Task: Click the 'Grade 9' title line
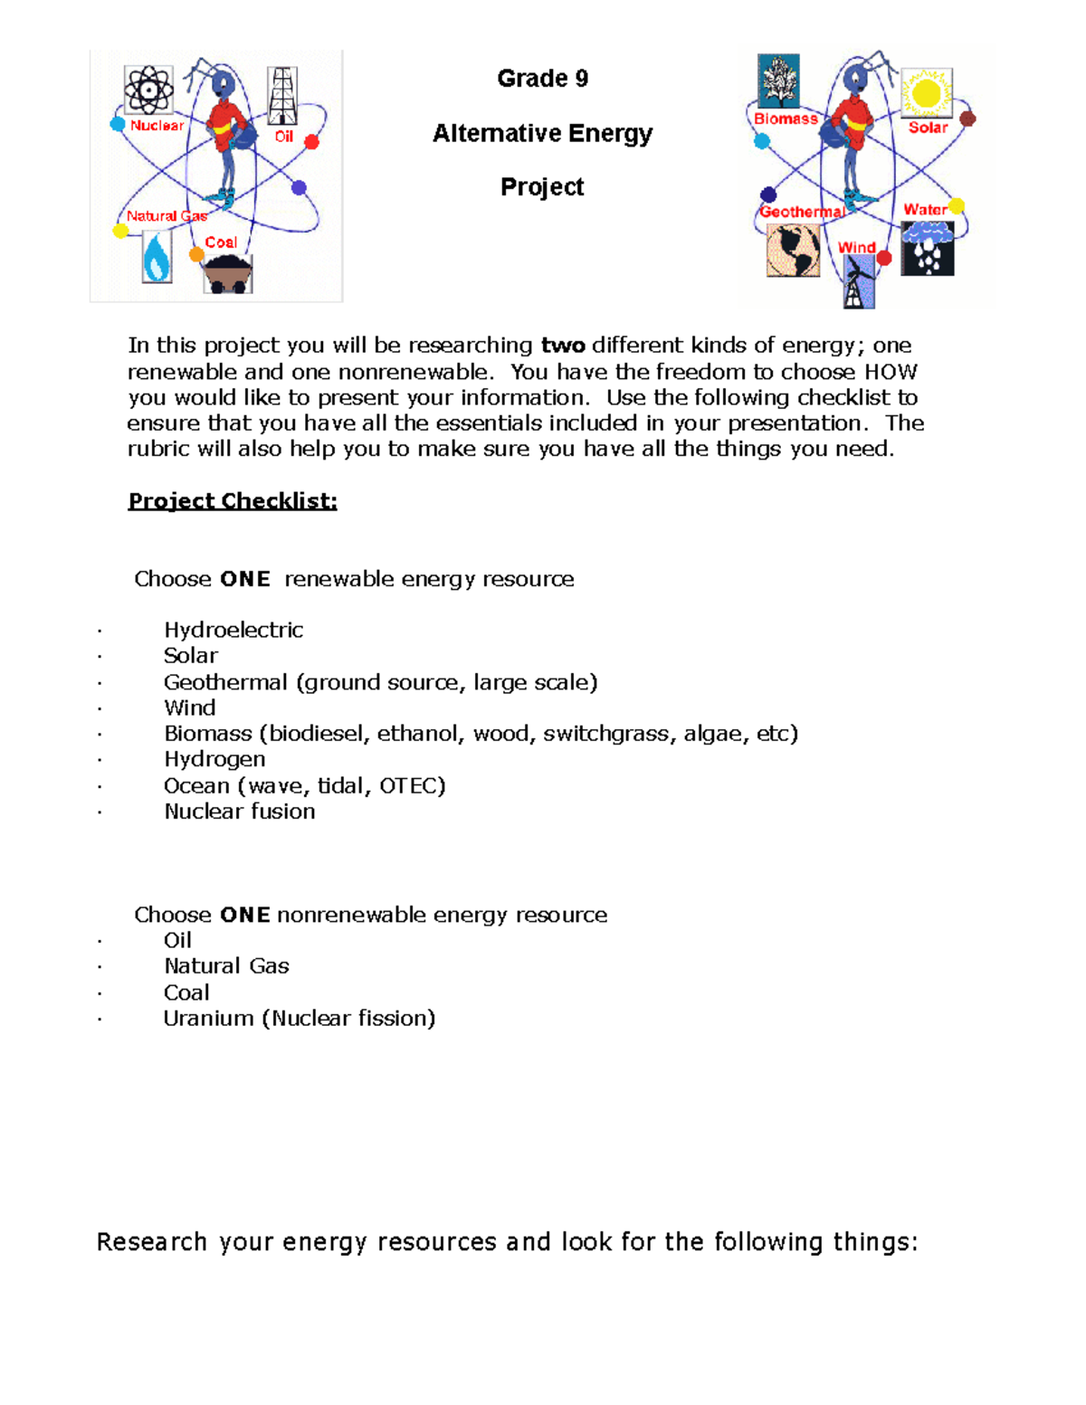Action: click(x=542, y=79)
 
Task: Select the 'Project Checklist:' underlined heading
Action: click(x=233, y=501)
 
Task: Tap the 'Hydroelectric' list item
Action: click(x=233, y=630)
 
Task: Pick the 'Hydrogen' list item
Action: click(x=214, y=759)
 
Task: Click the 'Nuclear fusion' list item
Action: click(x=239, y=812)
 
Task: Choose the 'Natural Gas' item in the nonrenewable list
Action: click(x=226, y=966)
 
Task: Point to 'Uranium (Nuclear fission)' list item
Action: click(x=299, y=1019)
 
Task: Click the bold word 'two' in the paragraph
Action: click(x=563, y=346)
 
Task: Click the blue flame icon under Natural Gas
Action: click(x=157, y=258)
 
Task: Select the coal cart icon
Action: click(x=226, y=274)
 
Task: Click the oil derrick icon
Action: click(x=282, y=96)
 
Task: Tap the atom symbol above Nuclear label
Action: click(x=148, y=90)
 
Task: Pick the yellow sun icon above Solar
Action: click(x=927, y=92)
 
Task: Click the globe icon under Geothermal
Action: click(x=793, y=250)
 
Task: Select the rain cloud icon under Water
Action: click(x=928, y=248)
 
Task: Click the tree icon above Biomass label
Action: click(x=778, y=81)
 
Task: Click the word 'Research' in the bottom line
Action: click(x=151, y=1242)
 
